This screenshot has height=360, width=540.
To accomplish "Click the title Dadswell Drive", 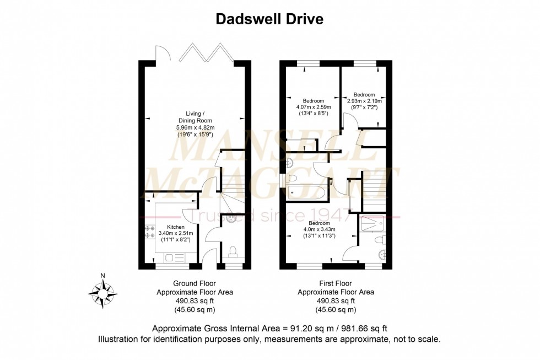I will tap(269, 19).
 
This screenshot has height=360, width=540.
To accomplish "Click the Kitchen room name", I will tap(176, 227).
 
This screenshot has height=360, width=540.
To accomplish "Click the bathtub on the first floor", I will tap(303, 194).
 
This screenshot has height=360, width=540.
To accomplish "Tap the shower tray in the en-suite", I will tap(372, 224).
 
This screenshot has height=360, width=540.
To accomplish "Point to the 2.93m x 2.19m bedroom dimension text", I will tap(364, 101).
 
